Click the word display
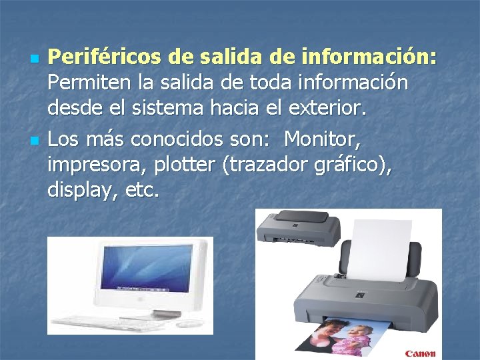75,191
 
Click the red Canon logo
419,353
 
